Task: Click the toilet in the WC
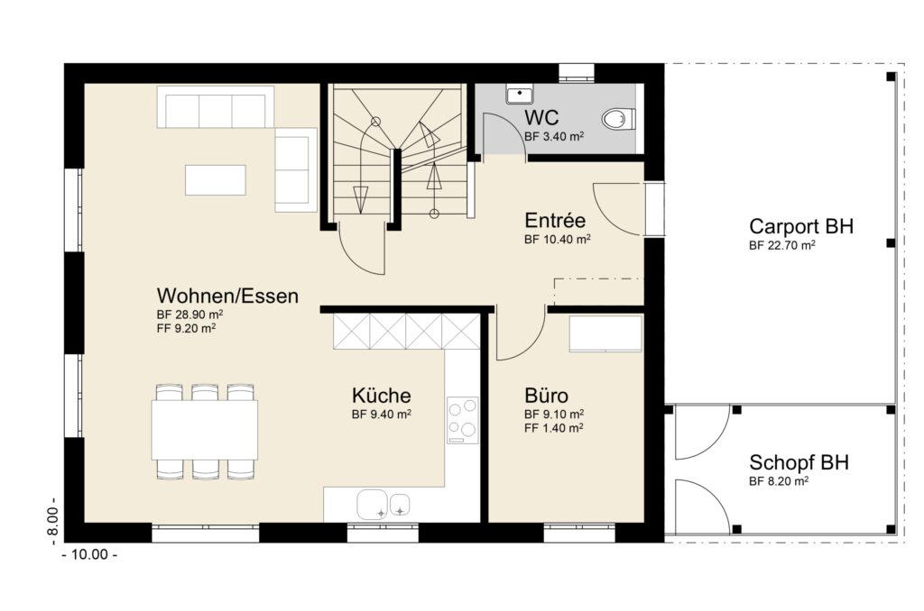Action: pyautogui.click(x=618, y=119)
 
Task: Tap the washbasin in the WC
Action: pyautogui.click(x=519, y=95)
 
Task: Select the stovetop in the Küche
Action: pyautogui.click(x=463, y=420)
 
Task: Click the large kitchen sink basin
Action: pyautogui.click(x=372, y=505)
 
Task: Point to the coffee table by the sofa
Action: pyautogui.click(x=216, y=179)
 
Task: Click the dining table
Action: pyautogui.click(x=205, y=430)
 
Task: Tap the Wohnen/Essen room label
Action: pyautogui.click(x=227, y=296)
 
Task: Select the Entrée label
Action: pyautogui.click(x=555, y=221)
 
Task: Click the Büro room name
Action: pyautogui.click(x=546, y=395)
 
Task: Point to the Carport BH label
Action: pyautogui.click(x=801, y=226)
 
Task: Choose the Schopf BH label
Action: pyautogui.click(x=799, y=462)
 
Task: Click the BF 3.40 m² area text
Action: pyautogui.click(x=554, y=137)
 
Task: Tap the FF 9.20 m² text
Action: pyautogui.click(x=186, y=328)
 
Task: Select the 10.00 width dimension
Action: pyautogui.click(x=89, y=554)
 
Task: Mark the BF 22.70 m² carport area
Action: pyautogui.click(x=782, y=245)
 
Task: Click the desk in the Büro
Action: pyautogui.click(x=605, y=333)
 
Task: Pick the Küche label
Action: pyautogui.click(x=382, y=395)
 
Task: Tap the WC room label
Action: pyautogui.click(x=541, y=118)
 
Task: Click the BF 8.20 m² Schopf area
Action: pyautogui.click(x=779, y=481)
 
